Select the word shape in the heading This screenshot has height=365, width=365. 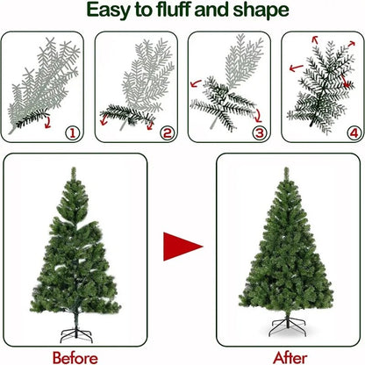263,11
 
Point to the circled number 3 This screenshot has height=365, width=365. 259,134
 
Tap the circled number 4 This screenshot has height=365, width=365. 353,134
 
